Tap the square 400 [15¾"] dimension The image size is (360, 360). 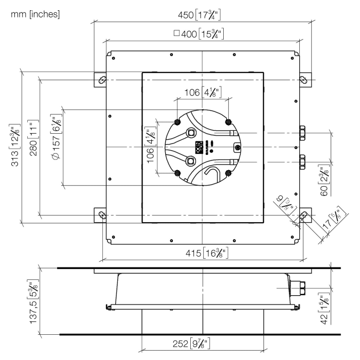click(x=201, y=35)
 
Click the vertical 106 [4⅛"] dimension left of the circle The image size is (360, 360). click(x=150, y=147)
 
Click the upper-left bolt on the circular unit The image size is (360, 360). click(x=177, y=122)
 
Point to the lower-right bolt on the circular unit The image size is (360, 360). click(x=228, y=173)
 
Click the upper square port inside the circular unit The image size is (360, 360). click(x=192, y=133)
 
